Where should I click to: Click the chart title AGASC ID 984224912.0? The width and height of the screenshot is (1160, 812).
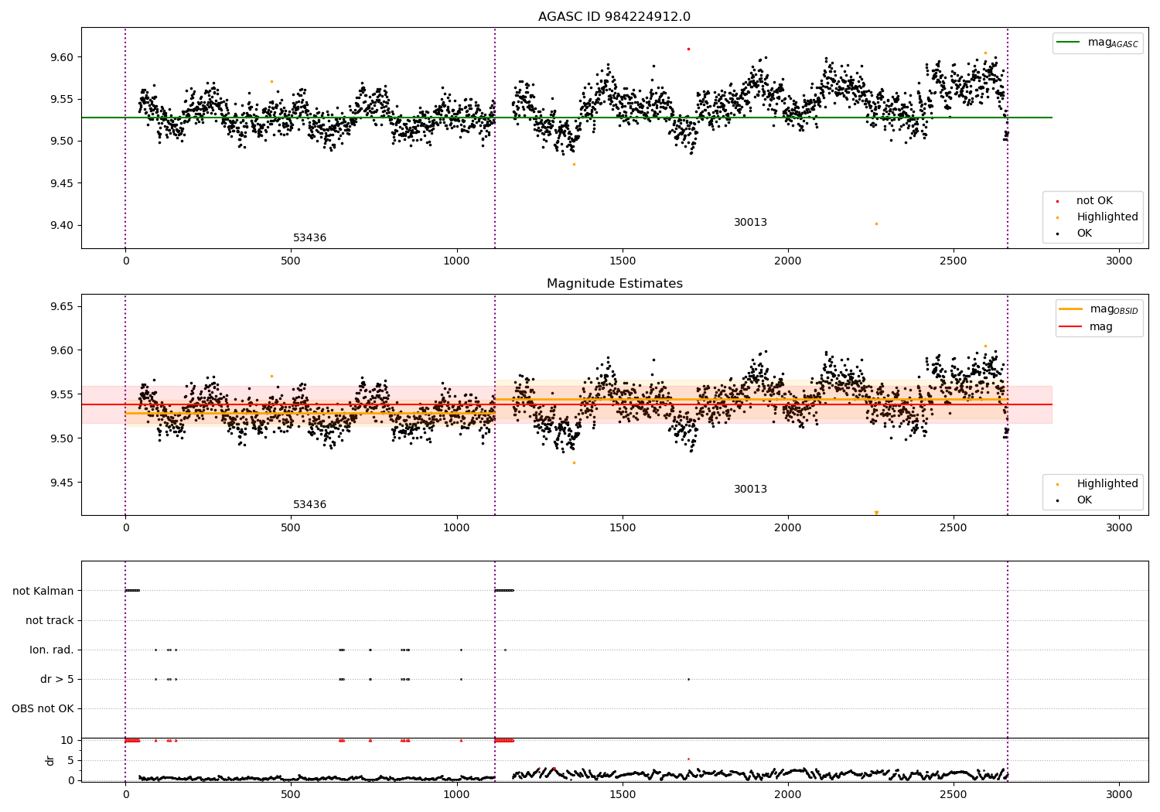click(614, 16)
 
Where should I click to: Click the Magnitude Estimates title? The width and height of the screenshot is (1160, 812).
click(615, 283)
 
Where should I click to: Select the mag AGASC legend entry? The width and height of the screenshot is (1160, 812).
click(1098, 43)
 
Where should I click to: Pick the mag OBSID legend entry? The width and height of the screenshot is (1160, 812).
click(1099, 309)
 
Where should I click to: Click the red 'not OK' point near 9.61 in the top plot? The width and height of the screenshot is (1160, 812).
click(688, 49)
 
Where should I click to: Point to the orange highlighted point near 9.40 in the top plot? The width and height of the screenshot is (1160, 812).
click(876, 223)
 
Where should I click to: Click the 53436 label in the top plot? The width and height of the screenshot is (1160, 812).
click(309, 237)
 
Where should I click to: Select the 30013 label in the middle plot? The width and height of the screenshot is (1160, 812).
click(750, 489)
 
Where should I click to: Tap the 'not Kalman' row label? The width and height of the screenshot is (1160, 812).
click(43, 591)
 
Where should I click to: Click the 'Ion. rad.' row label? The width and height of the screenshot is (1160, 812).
click(51, 650)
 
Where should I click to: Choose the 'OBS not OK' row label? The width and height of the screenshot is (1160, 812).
click(43, 708)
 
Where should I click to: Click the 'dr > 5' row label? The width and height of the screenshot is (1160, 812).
click(57, 680)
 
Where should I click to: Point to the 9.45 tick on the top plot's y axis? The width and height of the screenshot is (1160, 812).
click(62, 183)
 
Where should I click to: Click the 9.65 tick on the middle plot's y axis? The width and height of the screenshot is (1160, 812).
click(62, 306)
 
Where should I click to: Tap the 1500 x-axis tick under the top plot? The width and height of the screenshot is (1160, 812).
click(622, 261)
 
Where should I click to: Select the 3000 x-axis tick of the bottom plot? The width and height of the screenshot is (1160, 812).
click(1119, 795)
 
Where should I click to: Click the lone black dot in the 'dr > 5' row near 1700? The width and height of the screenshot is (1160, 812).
click(688, 680)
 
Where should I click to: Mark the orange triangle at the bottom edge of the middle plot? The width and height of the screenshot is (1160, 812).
click(876, 513)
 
